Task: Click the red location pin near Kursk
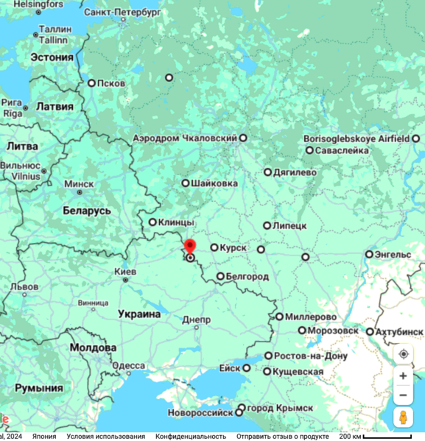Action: tap(189, 247)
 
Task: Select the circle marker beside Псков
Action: tap(92, 83)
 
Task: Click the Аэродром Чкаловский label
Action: tap(185, 138)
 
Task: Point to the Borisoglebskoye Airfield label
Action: tap(356, 138)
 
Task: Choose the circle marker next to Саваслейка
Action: tap(310, 150)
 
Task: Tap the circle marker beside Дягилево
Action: tap(268, 172)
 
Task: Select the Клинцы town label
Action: tap(177, 222)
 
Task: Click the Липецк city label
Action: tap(289, 225)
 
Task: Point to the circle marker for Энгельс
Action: tap(370, 255)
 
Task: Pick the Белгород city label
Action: tap(247, 276)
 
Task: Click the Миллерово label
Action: tap(311, 317)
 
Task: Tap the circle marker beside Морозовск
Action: tap(302, 331)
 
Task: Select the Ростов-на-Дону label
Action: tap(310, 356)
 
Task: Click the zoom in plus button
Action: tap(403, 375)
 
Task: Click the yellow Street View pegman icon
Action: tap(403, 417)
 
